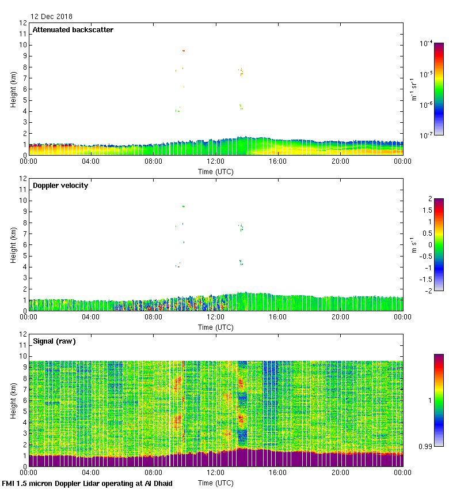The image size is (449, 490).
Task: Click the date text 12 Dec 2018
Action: pos(51,17)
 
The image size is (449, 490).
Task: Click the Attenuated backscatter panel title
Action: pos(73,30)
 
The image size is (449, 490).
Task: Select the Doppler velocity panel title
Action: pos(60,186)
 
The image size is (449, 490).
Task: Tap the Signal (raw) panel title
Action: pos(54,341)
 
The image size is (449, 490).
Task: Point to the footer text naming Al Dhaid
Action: pos(87,484)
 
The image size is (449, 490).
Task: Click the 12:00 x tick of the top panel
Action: pos(215,162)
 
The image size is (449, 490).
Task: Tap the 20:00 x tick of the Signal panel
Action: pos(340,473)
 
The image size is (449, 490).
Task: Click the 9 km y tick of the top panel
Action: pos(24,56)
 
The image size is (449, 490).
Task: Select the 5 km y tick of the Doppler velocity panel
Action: pos(24,255)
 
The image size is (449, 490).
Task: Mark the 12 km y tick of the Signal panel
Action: pos(22,334)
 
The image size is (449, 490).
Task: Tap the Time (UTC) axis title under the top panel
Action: pos(215,171)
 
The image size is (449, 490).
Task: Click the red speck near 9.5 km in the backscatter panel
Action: pos(184,51)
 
